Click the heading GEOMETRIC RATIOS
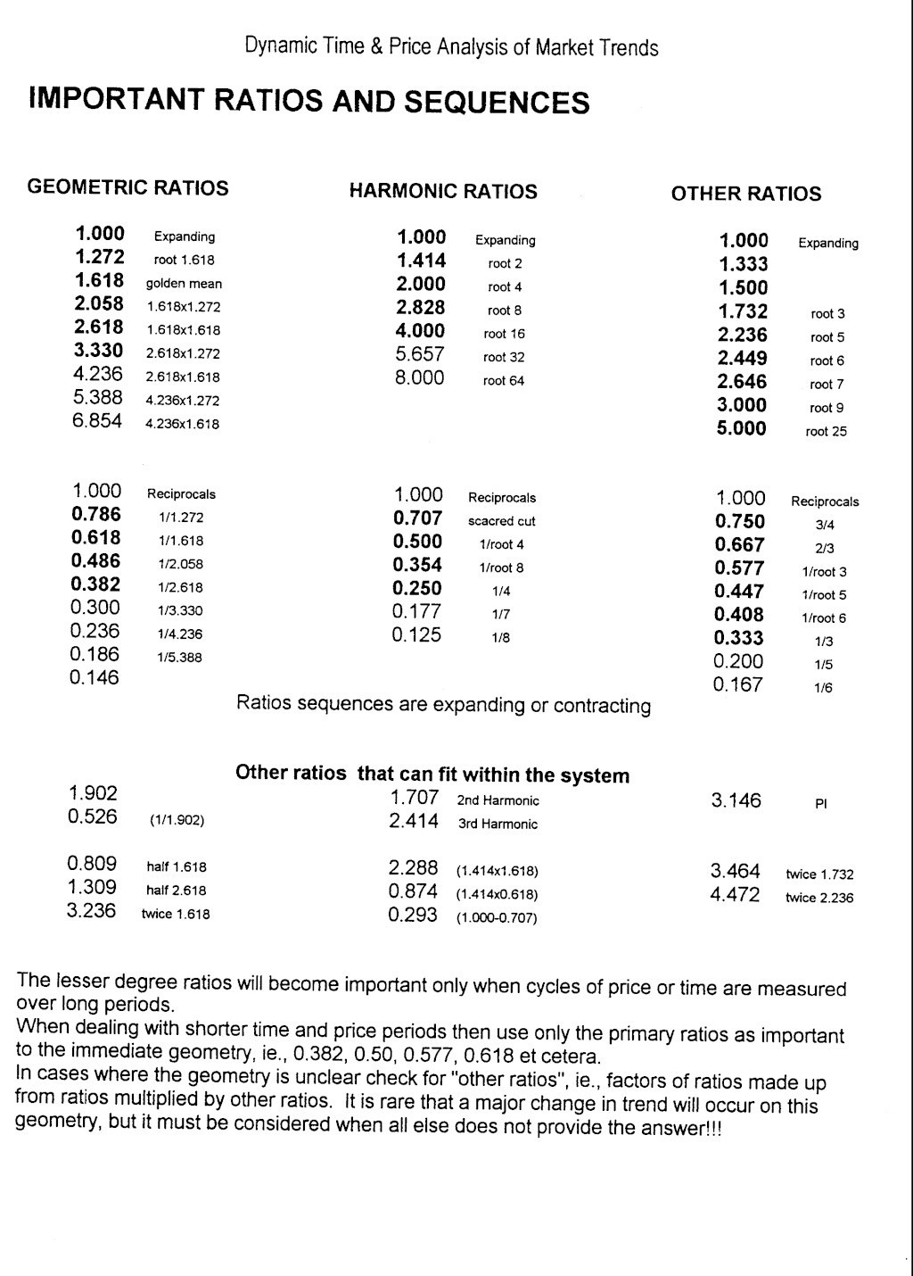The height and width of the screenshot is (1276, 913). point(127,188)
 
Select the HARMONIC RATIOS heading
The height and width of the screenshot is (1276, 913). point(443,192)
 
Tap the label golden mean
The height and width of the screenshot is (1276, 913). point(184,284)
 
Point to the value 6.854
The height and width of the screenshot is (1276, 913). point(97,422)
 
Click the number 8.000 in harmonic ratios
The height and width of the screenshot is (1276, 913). point(420,377)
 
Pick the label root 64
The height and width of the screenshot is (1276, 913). point(504,381)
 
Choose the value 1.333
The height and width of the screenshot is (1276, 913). point(744,264)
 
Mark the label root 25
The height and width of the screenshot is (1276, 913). point(826,432)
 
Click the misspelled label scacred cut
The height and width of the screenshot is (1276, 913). point(501,521)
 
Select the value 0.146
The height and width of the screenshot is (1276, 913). point(95,678)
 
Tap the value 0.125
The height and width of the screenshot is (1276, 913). point(416,635)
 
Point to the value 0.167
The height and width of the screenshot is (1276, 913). point(738,685)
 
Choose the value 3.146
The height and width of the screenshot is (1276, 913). point(736,801)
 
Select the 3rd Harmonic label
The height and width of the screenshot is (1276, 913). point(498,824)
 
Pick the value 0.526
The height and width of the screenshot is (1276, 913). point(93,817)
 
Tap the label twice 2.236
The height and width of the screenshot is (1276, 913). point(818,899)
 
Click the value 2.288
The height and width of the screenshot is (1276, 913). point(413,868)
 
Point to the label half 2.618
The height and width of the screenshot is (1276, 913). point(177,891)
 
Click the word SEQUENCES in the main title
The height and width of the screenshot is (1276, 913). point(498,103)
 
